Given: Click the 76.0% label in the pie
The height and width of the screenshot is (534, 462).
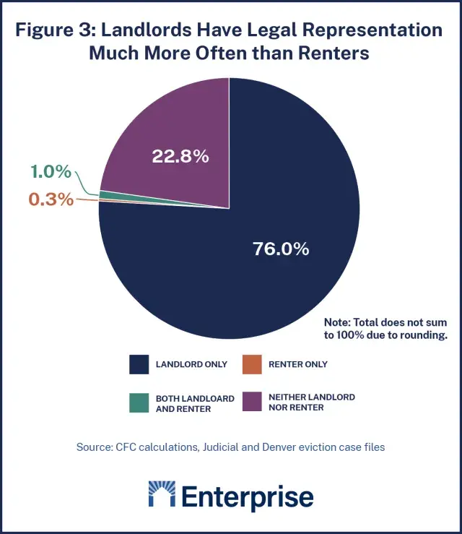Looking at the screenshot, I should tap(281, 249).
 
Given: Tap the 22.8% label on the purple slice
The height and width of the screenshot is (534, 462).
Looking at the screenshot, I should tap(180, 155).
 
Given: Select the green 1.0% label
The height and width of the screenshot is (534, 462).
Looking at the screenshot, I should tap(51, 172).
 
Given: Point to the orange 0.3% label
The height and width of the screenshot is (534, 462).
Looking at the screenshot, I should tap(51, 199).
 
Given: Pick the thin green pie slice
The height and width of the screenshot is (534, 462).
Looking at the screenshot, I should tap(144, 197).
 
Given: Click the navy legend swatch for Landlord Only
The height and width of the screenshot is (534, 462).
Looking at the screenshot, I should tap(139, 364).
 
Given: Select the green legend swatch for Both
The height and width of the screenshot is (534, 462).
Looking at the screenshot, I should tap(139, 403).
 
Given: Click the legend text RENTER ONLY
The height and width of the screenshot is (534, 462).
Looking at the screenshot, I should tap(298, 364).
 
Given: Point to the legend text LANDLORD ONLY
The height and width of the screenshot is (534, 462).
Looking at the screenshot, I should tap(191, 364).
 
